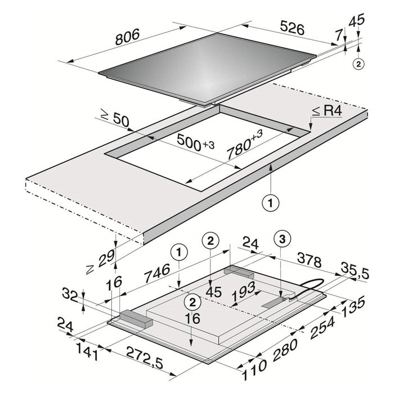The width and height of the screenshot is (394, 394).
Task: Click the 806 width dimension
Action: pyautogui.click(x=127, y=37)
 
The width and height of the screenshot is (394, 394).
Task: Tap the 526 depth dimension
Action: pyautogui.click(x=292, y=28)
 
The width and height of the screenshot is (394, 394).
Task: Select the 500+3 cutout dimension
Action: pyautogui.click(x=195, y=143)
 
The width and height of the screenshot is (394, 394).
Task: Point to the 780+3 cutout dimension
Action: pyautogui.click(x=244, y=145)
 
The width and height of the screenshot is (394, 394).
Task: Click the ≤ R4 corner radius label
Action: pyautogui.click(x=327, y=111)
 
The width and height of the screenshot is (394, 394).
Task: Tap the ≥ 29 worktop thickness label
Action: pyautogui.click(x=101, y=262)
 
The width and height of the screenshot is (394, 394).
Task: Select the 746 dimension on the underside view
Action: pyautogui.click(x=157, y=273)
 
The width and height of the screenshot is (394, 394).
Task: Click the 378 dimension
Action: pyautogui.click(x=309, y=260)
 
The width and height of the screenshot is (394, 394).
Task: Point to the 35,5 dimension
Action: pyautogui.click(x=355, y=270)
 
